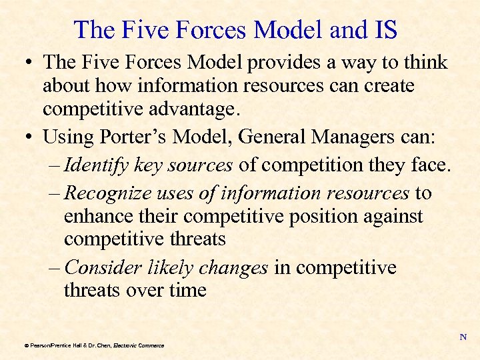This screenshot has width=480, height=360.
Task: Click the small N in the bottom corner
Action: (x=463, y=337)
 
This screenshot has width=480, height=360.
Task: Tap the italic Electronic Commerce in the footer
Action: (x=139, y=345)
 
